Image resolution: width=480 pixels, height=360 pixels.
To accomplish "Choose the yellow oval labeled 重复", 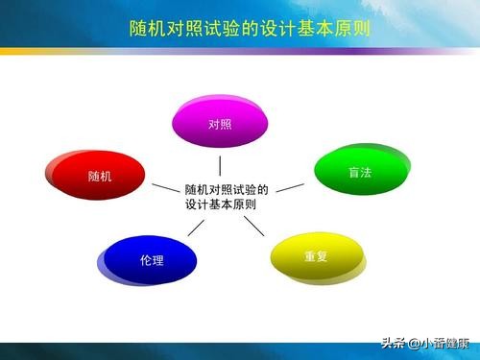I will (317, 257).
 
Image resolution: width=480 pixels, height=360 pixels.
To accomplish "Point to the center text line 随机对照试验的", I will (227, 189).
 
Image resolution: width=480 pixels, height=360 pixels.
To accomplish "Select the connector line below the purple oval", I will (220, 165).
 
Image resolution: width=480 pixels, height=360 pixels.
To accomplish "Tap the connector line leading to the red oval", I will (164, 188).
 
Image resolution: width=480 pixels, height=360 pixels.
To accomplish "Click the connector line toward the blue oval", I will (196, 227).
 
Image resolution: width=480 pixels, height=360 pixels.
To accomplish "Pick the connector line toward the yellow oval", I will (253, 226).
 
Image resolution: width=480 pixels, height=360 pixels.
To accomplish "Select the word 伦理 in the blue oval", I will (152, 260).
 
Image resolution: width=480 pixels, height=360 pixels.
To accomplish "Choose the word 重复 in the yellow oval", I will (317, 257).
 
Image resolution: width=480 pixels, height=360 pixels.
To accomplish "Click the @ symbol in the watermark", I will (414, 343).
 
